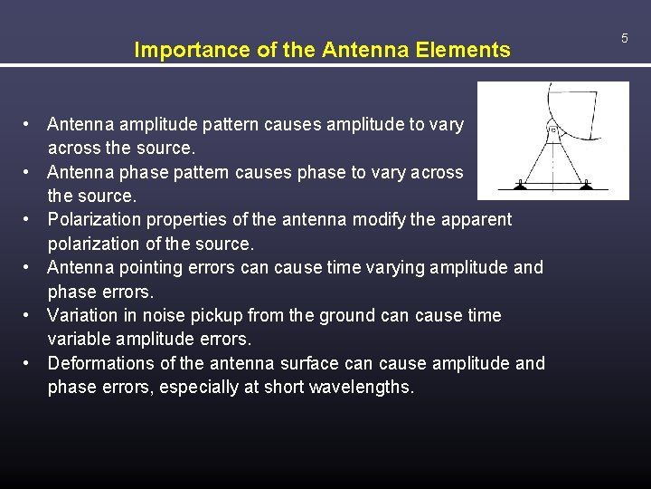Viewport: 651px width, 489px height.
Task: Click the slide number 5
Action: [624, 38]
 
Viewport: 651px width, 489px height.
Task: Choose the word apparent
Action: [476, 219]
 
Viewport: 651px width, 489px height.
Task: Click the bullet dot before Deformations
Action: [30, 363]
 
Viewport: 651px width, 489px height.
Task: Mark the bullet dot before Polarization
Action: [30, 219]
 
